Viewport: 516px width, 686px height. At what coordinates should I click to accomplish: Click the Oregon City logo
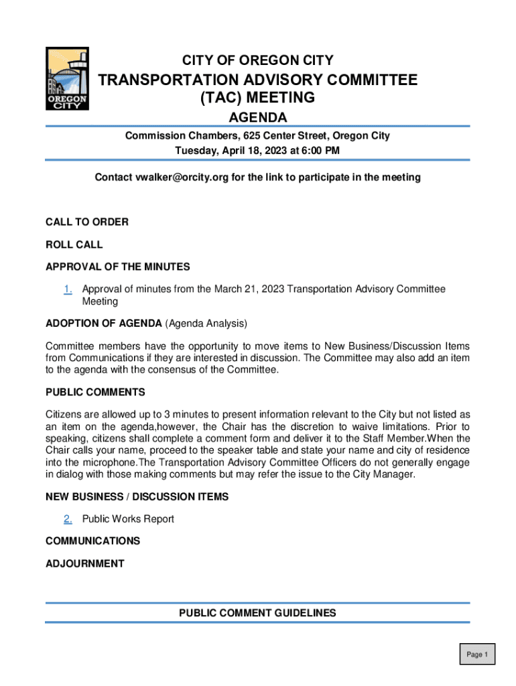click(x=66, y=79)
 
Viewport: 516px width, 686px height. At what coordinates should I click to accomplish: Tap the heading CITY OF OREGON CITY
click(x=258, y=60)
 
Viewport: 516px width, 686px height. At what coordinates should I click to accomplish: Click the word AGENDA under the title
click(x=258, y=118)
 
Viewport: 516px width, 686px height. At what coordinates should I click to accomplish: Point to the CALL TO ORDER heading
click(x=87, y=222)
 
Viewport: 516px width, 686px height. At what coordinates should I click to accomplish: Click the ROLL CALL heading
click(x=74, y=245)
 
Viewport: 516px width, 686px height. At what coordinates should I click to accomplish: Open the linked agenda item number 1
click(x=68, y=289)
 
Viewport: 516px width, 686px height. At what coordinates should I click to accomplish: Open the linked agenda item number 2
click(x=68, y=519)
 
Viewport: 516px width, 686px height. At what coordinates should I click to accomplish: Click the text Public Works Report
click(x=128, y=519)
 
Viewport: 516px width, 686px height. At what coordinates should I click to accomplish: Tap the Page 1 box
click(x=477, y=655)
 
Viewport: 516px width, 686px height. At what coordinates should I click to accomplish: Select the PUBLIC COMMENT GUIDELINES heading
click(x=258, y=613)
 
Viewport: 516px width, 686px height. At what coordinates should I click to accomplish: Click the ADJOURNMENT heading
click(x=84, y=563)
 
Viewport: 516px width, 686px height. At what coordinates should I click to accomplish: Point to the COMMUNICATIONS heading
click(x=92, y=541)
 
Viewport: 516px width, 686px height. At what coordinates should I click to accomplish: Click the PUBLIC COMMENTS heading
click(x=95, y=392)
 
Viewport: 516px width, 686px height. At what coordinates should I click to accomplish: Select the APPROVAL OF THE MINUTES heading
click(x=118, y=267)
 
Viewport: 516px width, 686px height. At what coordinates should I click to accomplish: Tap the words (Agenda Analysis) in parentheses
click(x=206, y=324)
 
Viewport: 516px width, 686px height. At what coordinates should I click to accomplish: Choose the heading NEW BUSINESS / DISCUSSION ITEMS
click(x=137, y=496)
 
